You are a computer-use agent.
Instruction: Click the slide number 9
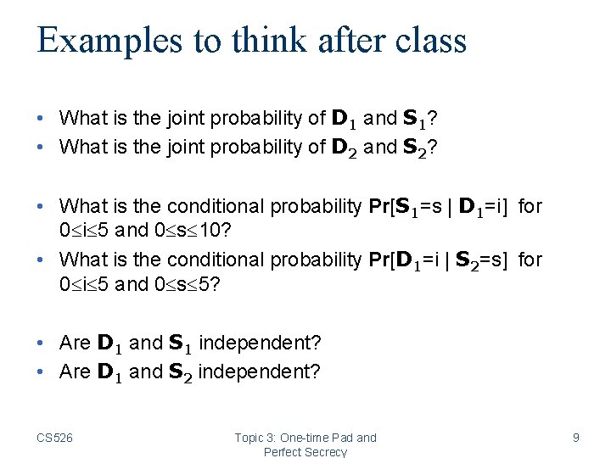(x=576, y=438)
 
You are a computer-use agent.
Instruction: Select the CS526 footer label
(x=55, y=438)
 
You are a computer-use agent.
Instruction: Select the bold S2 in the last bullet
(x=180, y=371)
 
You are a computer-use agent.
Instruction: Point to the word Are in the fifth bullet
(x=75, y=343)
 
